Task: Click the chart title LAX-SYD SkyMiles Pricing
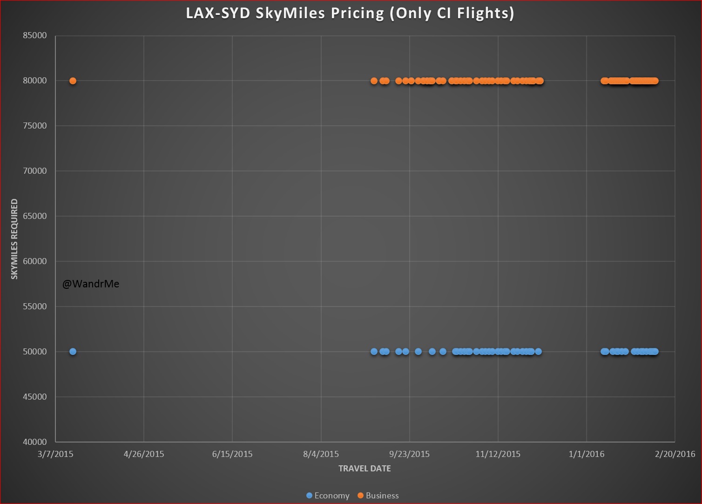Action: click(x=350, y=13)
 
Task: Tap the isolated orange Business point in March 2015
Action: click(x=73, y=81)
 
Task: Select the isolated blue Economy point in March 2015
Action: click(x=73, y=352)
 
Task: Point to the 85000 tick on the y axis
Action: click(x=35, y=36)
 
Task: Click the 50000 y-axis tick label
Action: click(x=35, y=352)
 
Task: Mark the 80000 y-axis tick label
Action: click(x=35, y=81)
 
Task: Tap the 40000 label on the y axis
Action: click(x=35, y=442)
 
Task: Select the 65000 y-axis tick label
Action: click(x=35, y=216)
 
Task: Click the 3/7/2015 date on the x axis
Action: click(x=55, y=454)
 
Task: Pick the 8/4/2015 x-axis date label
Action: click(x=321, y=454)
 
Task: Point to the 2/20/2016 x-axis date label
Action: click(x=675, y=454)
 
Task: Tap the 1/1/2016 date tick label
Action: click(x=587, y=454)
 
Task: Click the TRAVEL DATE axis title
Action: click(x=364, y=469)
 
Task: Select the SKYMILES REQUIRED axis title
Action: click(x=14, y=239)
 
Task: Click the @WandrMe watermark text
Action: click(x=91, y=284)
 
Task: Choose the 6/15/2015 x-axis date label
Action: click(x=232, y=454)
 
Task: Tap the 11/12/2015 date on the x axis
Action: click(x=498, y=454)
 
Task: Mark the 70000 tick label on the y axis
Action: click(x=35, y=171)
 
